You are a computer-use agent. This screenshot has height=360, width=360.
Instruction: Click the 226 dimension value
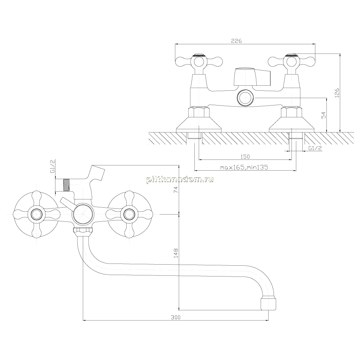pyautogui.click(x=236, y=41)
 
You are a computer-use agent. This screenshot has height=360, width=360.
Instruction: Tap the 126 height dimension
pyautogui.click(x=337, y=93)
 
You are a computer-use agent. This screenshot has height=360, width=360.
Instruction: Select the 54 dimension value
pyautogui.click(x=323, y=115)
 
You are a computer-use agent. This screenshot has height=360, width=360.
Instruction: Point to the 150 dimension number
pyautogui.click(x=245, y=157)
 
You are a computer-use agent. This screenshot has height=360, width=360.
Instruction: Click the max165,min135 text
pyautogui.click(x=244, y=167)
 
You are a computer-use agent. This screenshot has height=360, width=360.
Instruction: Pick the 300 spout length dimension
pyautogui.click(x=176, y=317)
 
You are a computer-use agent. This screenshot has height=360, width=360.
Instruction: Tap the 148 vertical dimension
pyautogui.click(x=176, y=253)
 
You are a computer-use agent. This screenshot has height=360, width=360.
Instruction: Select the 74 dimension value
pyautogui.click(x=176, y=189)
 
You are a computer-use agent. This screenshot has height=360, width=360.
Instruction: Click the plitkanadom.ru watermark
pyautogui.click(x=180, y=180)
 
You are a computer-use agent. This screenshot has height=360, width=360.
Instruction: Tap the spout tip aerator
pyautogui.click(x=268, y=304)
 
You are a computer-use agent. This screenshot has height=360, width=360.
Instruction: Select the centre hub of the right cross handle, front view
pyautogui.click(x=129, y=215)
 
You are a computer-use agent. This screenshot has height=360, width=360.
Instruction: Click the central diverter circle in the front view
pyautogui.click(x=83, y=215)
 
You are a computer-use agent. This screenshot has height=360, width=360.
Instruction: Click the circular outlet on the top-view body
pyautogui.click(x=246, y=98)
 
